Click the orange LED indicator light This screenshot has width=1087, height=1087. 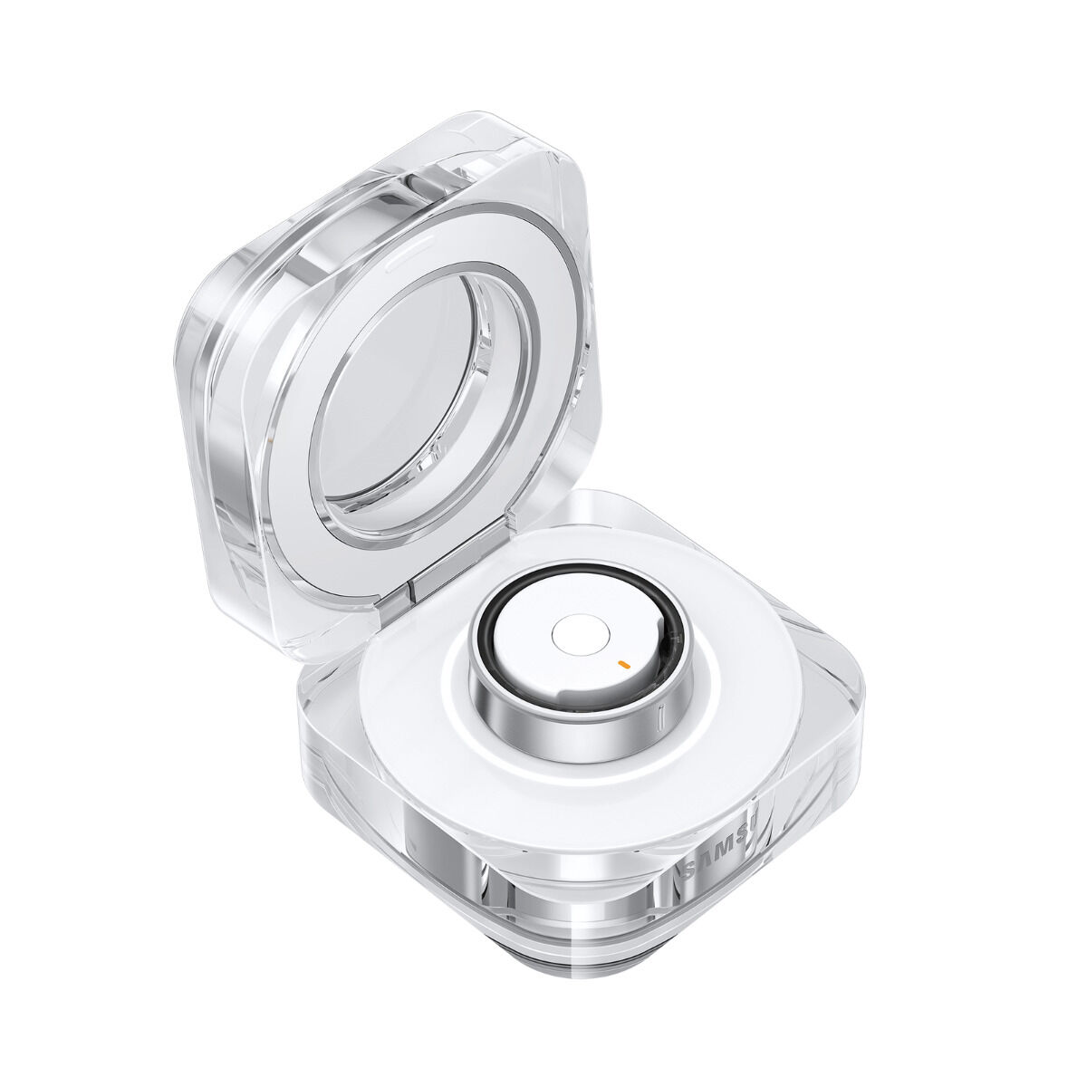[622, 663]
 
